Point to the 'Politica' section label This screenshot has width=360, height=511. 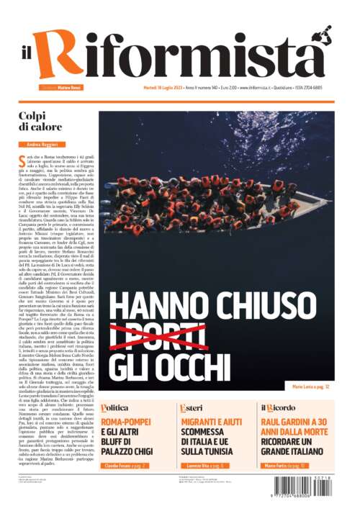(116, 407)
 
